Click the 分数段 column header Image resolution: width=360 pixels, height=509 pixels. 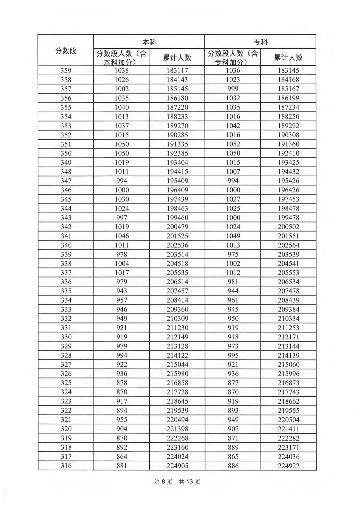[x=66, y=51]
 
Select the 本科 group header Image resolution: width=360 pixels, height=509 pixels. [x=149, y=42]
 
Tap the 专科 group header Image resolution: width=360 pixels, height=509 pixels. [x=260, y=42]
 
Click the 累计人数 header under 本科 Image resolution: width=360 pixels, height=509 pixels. [x=177, y=58]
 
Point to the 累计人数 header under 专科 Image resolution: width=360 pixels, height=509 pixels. [x=288, y=58]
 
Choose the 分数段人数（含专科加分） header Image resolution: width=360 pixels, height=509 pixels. [x=233, y=58]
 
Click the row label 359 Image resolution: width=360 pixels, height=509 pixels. [x=66, y=71]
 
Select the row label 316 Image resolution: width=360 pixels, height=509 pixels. [x=66, y=466]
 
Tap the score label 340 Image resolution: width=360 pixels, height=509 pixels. [x=66, y=245]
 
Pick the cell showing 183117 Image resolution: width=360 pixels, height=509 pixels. [x=177, y=71]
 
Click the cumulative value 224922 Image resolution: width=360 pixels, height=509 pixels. [x=288, y=466]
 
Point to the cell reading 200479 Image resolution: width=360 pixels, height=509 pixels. [x=177, y=227]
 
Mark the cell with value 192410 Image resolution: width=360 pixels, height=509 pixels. [x=288, y=153]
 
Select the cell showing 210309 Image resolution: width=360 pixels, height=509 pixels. [x=177, y=319]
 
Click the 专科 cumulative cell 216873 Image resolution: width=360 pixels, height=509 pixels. [x=288, y=383]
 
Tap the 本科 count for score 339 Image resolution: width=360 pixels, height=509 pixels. [x=122, y=254]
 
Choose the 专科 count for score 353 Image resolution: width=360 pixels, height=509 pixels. [x=233, y=126]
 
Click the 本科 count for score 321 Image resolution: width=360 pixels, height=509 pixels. [x=122, y=420]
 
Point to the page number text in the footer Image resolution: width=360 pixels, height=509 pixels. [x=177, y=482]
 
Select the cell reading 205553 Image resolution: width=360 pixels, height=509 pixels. [x=288, y=273]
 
